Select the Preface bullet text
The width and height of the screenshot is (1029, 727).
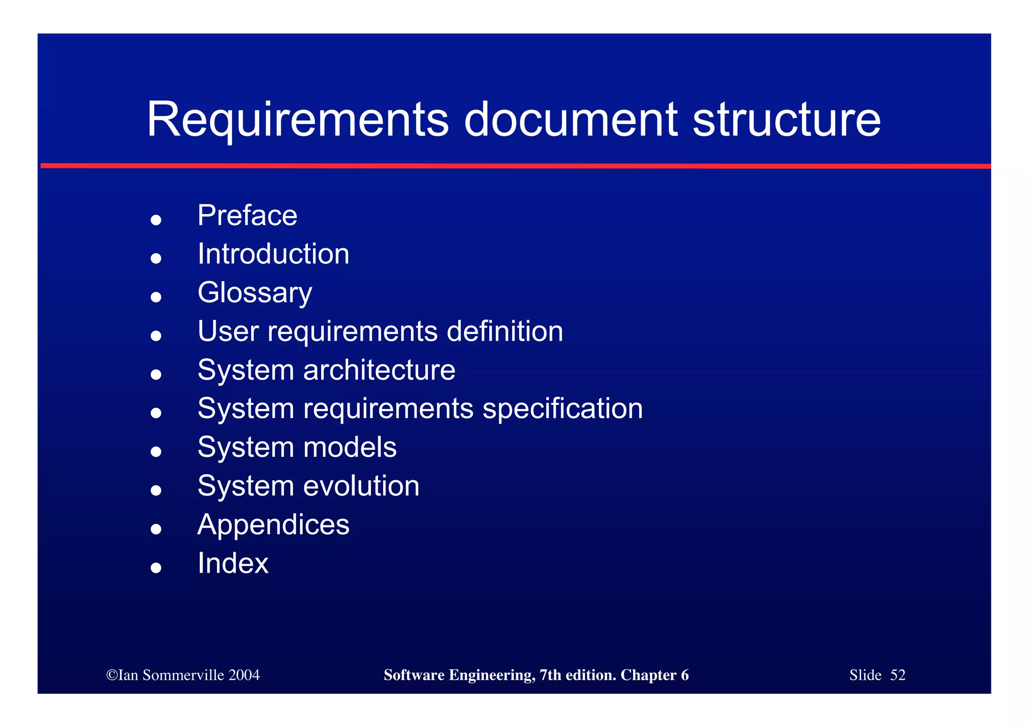pyautogui.click(x=247, y=216)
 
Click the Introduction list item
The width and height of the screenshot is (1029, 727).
pyautogui.click(x=273, y=254)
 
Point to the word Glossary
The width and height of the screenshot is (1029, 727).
pyautogui.click(x=255, y=293)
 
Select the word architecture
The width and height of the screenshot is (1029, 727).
pyautogui.click(x=379, y=370)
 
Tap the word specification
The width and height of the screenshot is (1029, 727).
pyautogui.click(x=562, y=409)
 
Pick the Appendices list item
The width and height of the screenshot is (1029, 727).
pyautogui.click(x=273, y=525)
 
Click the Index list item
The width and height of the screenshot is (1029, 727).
pyautogui.click(x=233, y=563)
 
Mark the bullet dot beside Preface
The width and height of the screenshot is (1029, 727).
pyautogui.click(x=156, y=220)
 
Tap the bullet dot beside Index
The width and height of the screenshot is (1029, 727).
pyautogui.click(x=156, y=568)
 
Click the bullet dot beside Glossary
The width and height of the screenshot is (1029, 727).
pyautogui.click(x=156, y=297)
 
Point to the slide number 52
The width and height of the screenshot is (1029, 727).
pyautogui.click(x=897, y=675)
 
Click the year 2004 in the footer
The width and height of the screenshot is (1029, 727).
pyautogui.click(x=244, y=675)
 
